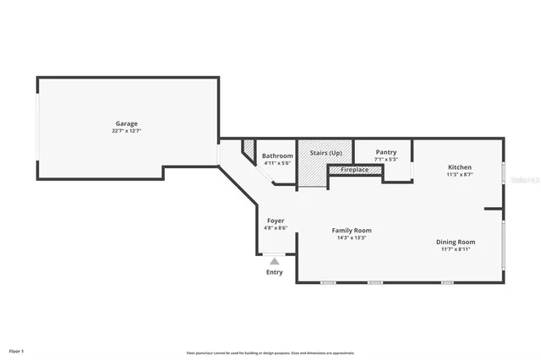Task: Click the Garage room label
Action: click(127, 123)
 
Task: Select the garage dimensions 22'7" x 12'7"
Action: click(127, 131)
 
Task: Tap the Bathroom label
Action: click(277, 155)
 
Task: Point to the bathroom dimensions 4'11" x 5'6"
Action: click(277, 162)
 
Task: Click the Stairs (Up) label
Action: click(325, 152)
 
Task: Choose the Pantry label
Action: click(385, 152)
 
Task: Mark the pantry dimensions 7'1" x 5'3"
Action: click(385, 159)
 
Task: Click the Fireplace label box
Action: click(354, 170)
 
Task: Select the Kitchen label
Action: click(459, 167)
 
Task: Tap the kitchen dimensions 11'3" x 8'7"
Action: click(459, 175)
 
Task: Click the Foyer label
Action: click(276, 221)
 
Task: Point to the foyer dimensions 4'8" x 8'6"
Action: click(276, 227)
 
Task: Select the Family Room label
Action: click(351, 230)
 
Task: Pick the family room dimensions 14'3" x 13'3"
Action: click(351, 237)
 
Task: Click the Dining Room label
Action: click(456, 242)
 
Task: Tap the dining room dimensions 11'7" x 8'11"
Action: click(456, 249)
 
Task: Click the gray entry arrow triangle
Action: click(274, 262)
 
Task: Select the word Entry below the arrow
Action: click(274, 272)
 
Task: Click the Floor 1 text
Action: click(16, 350)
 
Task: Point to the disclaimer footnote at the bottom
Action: click(270, 352)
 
